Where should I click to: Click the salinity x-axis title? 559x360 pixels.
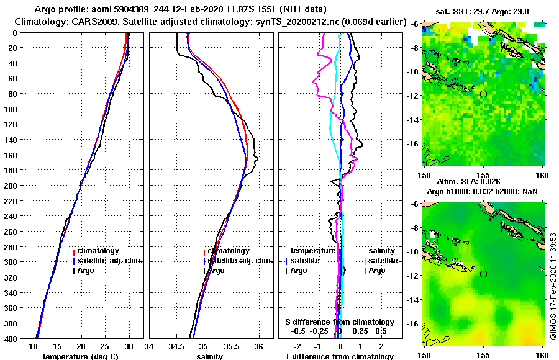pyautogui.click(x=211, y=356)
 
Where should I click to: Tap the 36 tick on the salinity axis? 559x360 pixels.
pyautogui.click(x=259, y=346)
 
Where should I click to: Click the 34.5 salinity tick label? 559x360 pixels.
pyautogui.click(x=177, y=346)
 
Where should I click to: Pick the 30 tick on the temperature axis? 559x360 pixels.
pyautogui.click(x=129, y=346)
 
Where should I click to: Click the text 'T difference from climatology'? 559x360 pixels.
pyautogui.click(x=339, y=356)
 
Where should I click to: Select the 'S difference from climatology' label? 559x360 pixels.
pyautogui.click(x=339, y=322)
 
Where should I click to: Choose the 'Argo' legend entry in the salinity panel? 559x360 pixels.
pyautogui.click(x=216, y=271)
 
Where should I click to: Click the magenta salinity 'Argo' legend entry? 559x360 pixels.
pyautogui.click(x=377, y=271)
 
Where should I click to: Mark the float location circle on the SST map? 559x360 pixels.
pyautogui.click(x=483, y=94)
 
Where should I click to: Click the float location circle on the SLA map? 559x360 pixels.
pyautogui.click(x=483, y=274)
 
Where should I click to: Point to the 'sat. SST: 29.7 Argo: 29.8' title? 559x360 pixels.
pyautogui.click(x=484, y=11)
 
